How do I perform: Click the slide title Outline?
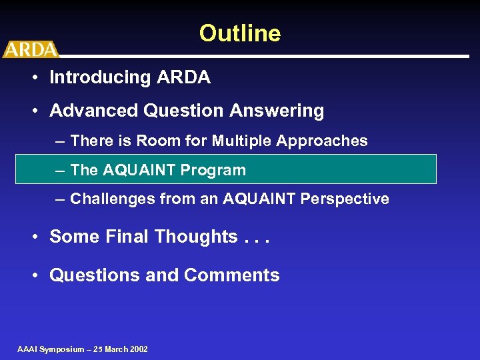click(240, 33)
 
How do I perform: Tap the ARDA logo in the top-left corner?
click(30, 49)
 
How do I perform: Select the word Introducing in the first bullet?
click(101, 77)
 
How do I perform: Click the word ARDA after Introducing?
click(183, 77)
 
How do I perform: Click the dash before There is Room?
click(61, 141)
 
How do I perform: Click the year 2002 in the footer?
click(138, 349)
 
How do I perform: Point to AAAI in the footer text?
click(27, 349)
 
